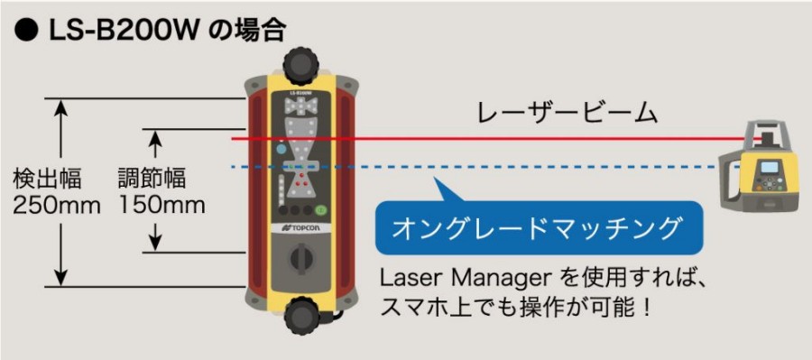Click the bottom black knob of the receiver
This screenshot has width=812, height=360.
(300, 316)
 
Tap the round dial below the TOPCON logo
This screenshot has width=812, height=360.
(300, 264)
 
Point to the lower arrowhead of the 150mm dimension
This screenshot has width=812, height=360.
(155, 241)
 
